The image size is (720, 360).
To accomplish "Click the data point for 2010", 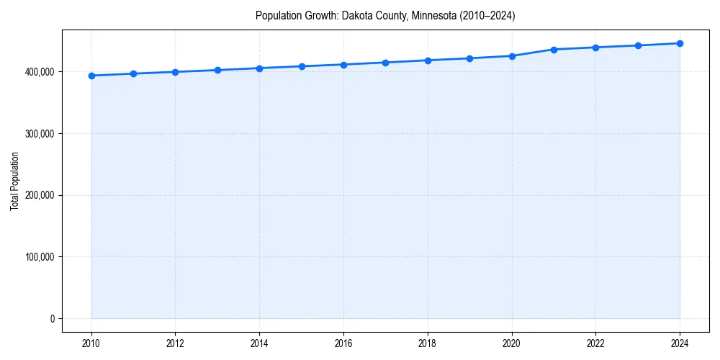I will pyautogui.click(x=91, y=76).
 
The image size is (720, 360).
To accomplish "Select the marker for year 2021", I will pyautogui.click(x=554, y=50).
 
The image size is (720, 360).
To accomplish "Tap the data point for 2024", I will pyautogui.click(x=680, y=43).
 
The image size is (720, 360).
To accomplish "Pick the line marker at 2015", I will pyautogui.click(x=302, y=66).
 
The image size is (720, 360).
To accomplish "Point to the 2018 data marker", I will pyautogui.click(x=428, y=60).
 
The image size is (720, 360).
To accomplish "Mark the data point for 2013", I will pyautogui.click(x=217, y=70).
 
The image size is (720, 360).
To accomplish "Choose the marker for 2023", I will pyautogui.click(x=638, y=45).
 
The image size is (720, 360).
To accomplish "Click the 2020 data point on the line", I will pyautogui.click(x=512, y=55).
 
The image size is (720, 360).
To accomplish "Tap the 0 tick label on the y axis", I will pyautogui.click(x=52, y=319).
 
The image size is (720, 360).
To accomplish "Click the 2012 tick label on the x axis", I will pyautogui.click(x=175, y=343).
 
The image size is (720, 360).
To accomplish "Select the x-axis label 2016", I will pyautogui.click(x=343, y=343).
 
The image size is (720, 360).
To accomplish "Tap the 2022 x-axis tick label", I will pyautogui.click(x=595, y=343).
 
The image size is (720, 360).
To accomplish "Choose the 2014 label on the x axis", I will pyautogui.click(x=259, y=343).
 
